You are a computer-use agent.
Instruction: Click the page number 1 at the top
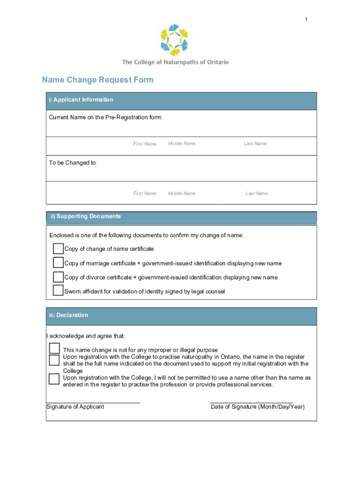306,19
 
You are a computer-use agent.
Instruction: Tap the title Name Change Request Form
98,80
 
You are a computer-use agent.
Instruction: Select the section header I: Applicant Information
81,100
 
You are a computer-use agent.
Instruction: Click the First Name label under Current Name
145,144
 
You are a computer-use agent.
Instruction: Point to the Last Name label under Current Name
255,144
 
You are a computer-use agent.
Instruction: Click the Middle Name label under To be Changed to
181,193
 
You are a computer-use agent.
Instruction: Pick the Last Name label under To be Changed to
257,193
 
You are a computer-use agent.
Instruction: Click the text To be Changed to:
73,163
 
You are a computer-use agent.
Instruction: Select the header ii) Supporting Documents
86,216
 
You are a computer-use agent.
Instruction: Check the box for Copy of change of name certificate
58,248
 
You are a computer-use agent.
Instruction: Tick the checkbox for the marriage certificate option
58,262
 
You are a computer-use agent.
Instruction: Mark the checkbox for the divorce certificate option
58,277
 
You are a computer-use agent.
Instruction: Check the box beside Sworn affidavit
58,290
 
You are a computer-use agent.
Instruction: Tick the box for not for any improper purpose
55,348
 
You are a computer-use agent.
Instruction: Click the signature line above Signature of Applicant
93,402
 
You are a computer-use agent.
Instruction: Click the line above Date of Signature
251,402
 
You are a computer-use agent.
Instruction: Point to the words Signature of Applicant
75,407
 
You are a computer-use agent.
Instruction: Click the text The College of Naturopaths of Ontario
175,62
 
